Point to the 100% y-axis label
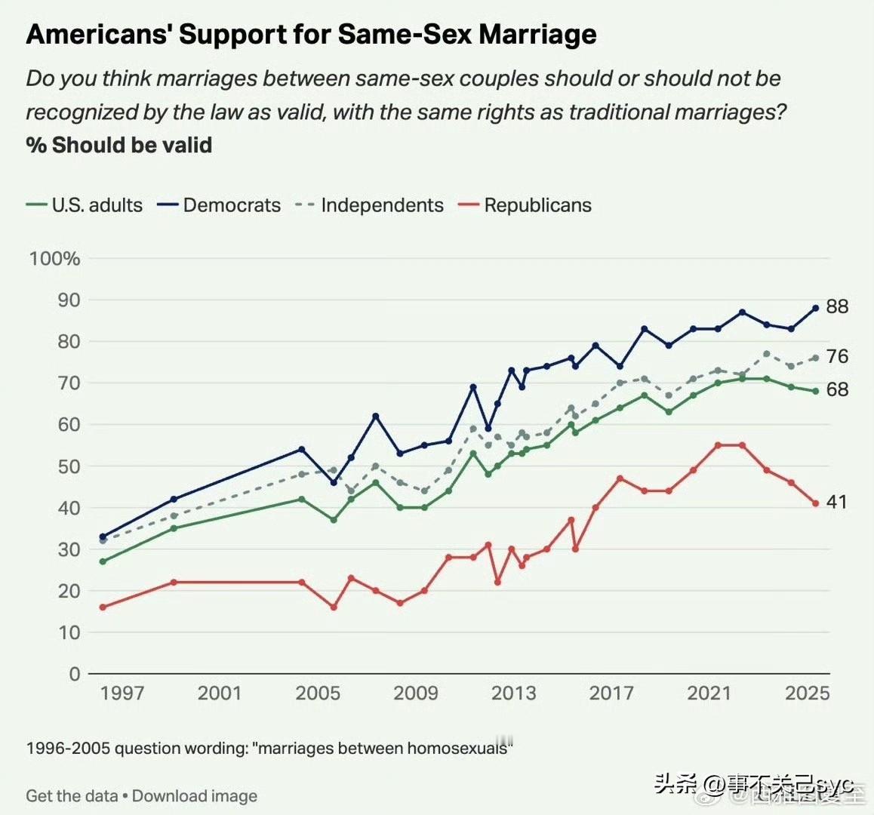pyautogui.click(x=54, y=259)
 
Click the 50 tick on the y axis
pyautogui.click(x=69, y=466)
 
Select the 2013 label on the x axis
pyautogui.click(x=513, y=693)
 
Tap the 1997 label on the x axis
pyautogui.click(x=122, y=693)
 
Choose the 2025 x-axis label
pyautogui.click(x=807, y=693)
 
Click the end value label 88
pyautogui.click(x=837, y=306)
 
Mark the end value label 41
pyautogui.click(x=837, y=502)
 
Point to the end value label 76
pyautogui.click(x=837, y=356)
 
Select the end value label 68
pyautogui.click(x=837, y=389)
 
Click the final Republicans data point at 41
pyautogui.click(x=816, y=503)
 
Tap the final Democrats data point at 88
pyautogui.click(x=816, y=308)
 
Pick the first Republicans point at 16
pyautogui.click(x=103, y=607)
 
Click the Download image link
pyautogui.click(x=195, y=796)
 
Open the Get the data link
pyautogui.click(x=72, y=796)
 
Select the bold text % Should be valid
pyautogui.click(x=119, y=145)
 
